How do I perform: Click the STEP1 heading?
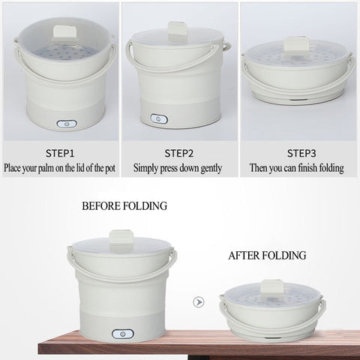point(60,153)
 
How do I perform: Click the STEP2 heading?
point(179,153)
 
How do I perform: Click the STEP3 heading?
point(301,153)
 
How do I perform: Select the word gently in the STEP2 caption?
point(211,168)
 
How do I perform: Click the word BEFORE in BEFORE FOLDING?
point(101,206)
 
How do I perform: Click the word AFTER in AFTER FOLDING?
point(243,256)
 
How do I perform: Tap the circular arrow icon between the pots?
point(199,302)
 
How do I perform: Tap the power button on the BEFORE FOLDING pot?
point(123,334)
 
